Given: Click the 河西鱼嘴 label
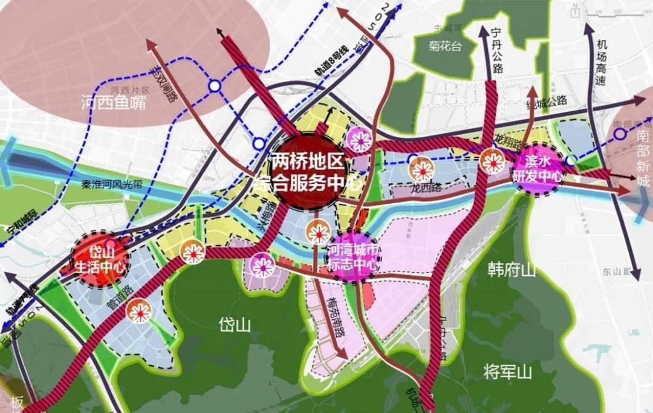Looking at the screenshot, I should (x=114, y=103).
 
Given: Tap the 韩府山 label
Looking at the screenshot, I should (x=511, y=270).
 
